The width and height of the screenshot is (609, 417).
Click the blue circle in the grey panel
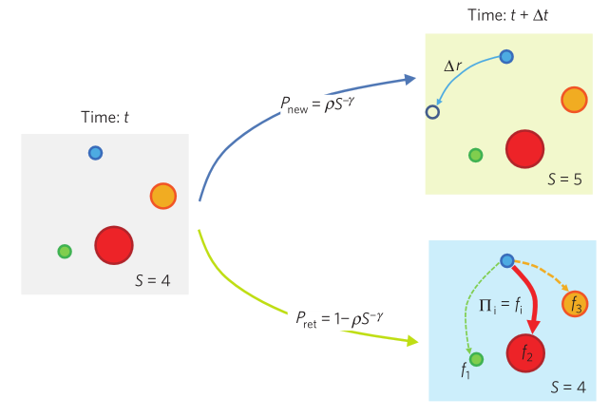[95, 152]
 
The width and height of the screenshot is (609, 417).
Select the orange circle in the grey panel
[163, 196]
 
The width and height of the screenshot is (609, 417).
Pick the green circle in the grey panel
[65, 252]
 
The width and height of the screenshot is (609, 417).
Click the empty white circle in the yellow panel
[432, 112]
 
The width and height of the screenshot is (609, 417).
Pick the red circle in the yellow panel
[524, 148]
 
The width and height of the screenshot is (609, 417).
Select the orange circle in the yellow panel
[574, 98]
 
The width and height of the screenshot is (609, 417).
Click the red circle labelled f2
[526, 353]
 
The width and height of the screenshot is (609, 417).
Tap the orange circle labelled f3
[575, 304]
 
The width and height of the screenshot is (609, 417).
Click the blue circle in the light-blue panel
[506, 259]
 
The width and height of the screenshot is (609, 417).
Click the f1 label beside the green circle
[466, 372]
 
